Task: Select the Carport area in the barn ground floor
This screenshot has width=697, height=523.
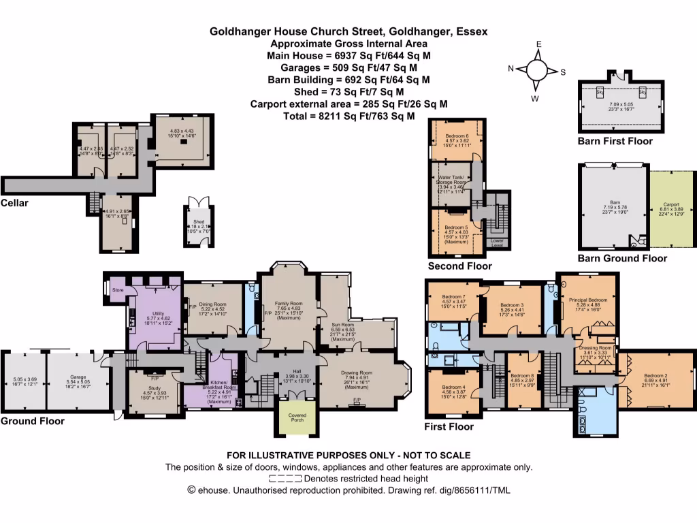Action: (672, 204)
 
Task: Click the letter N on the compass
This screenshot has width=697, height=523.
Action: (510, 69)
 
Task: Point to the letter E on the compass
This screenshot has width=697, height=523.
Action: (538, 44)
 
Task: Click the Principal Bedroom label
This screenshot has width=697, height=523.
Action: (588, 300)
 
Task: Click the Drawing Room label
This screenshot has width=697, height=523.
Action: (357, 373)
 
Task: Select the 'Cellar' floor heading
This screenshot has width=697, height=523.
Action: (15, 203)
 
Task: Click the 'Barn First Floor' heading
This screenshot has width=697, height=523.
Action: (615, 141)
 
